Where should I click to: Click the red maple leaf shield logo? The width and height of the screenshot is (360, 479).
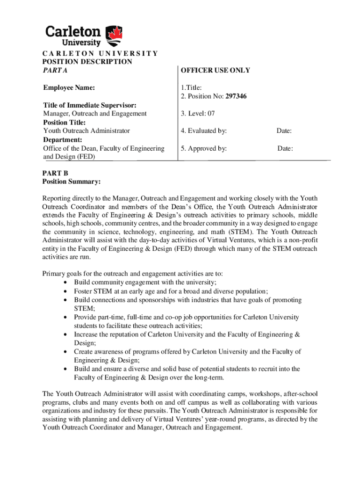(x=115, y=34)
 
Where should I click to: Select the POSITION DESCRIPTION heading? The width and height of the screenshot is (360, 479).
(x=87, y=62)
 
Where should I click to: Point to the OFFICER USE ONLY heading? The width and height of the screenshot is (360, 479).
(x=216, y=70)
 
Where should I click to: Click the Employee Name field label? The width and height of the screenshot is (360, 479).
(x=69, y=87)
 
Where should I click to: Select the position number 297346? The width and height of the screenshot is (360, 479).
(x=236, y=96)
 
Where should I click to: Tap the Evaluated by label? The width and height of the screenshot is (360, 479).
(x=204, y=131)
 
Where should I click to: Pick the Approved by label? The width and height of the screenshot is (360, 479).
(x=204, y=149)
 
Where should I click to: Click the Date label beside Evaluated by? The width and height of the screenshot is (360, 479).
(x=284, y=131)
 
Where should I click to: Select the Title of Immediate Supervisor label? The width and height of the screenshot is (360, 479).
(x=90, y=105)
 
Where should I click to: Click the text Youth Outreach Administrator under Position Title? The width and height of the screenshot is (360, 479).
(x=86, y=131)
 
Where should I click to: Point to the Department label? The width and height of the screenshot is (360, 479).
(x=63, y=140)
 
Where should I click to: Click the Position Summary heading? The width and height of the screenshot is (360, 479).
(x=72, y=181)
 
